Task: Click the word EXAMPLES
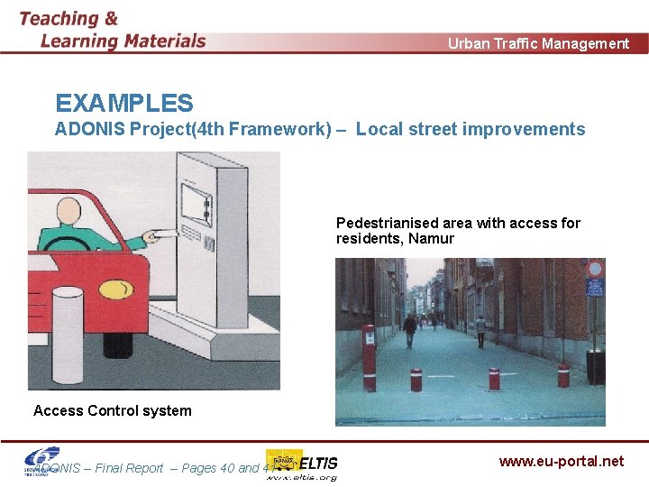coord(124,104)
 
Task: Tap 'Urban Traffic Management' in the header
coord(539,43)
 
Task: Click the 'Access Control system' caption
coord(113,410)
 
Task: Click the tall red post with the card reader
coord(368,357)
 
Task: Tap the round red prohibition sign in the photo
coord(594,269)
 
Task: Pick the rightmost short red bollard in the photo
coord(564,376)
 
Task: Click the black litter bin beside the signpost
coord(595,366)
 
